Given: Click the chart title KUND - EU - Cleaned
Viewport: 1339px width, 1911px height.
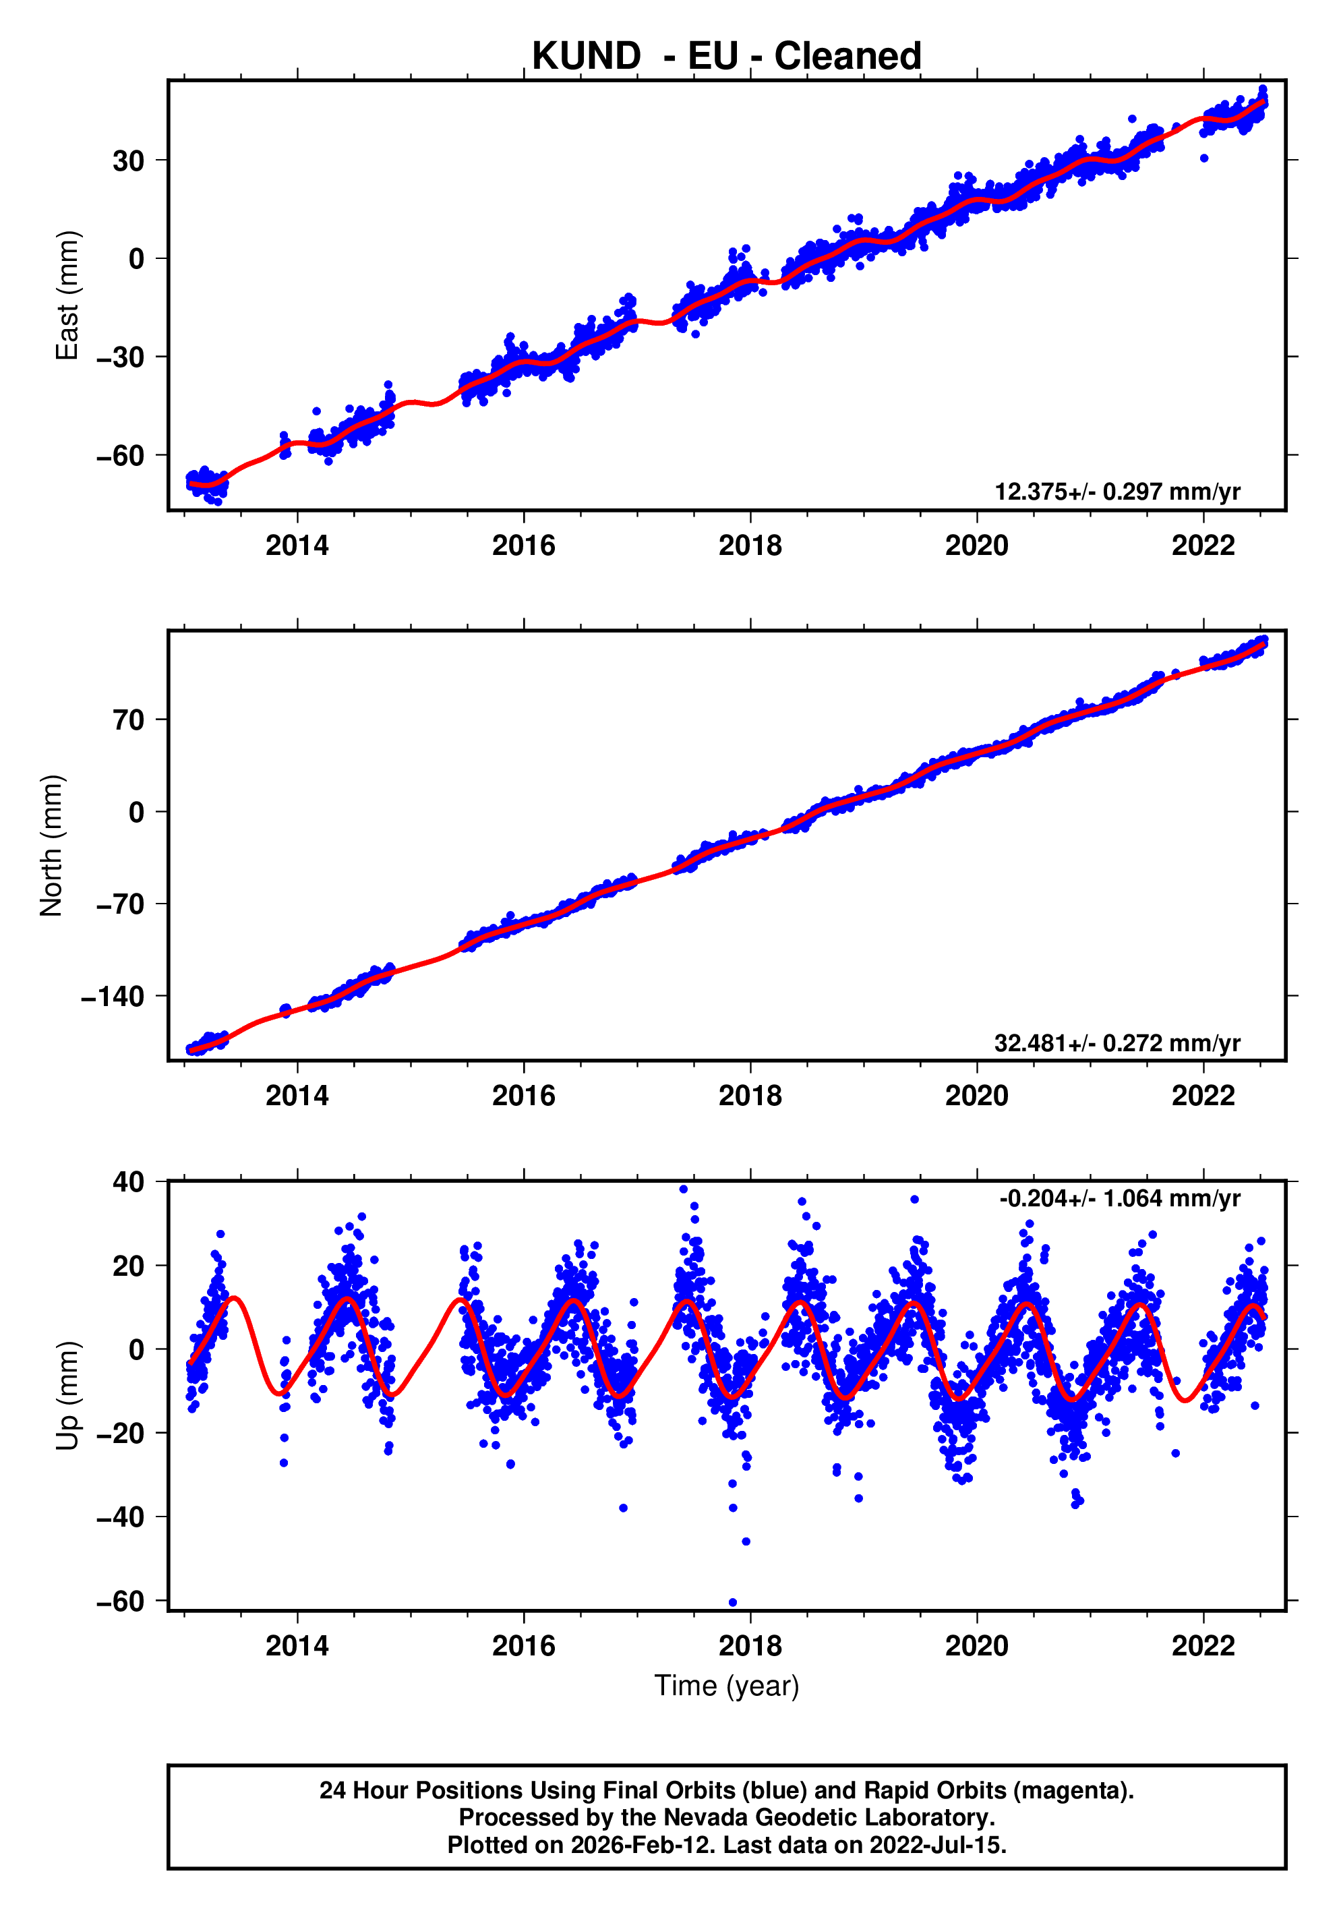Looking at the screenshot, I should click(x=727, y=57).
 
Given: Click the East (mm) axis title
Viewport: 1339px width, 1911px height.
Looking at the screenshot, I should click(x=67, y=295).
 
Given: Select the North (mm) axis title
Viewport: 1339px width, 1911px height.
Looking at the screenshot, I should click(x=52, y=846).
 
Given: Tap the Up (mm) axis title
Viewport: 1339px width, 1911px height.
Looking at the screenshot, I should click(x=67, y=1396).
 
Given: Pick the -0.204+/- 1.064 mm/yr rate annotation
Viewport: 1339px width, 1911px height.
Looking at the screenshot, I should click(x=1119, y=1198).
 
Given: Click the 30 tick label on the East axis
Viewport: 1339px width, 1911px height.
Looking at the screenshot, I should click(x=128, y=160).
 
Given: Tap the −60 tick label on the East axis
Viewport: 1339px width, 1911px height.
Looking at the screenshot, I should click(x=120, y=456).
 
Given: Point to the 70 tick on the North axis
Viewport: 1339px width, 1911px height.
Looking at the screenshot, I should click(x=128, y=720).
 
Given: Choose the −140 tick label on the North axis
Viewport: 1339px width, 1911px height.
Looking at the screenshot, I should click(x=113, y=996).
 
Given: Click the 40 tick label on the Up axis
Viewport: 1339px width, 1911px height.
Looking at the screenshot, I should click(x=128, y=1182).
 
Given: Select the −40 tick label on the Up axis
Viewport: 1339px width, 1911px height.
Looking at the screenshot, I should click(x=120, y=1517).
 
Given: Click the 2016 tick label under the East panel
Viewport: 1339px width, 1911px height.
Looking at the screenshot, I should click(x=523, y=546).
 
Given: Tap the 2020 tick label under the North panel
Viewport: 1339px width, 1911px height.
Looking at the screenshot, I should click(x=976, y=1096).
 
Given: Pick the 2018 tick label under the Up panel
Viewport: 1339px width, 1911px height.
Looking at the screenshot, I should click(x=750, y=1646).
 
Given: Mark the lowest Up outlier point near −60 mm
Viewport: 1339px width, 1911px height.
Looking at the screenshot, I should click(x=732, y=1602).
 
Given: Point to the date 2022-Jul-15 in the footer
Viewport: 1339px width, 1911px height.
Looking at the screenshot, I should click(x=938, y=1845).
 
